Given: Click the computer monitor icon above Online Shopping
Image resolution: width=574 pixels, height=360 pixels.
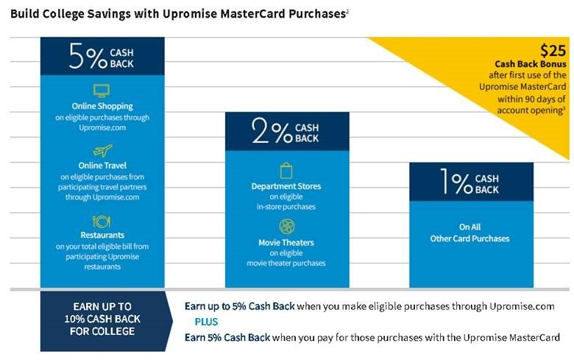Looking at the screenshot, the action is pyautogui.click(x=102, y=91).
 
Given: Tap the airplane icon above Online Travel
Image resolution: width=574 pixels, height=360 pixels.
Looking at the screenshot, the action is pyautogui.click(x=102, y=150).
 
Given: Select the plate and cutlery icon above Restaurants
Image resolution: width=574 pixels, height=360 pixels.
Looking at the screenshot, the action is pyautogui.click(x=101, y=222).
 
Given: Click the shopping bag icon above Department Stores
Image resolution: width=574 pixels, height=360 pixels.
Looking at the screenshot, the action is pyautogui.click(x=286, y=171).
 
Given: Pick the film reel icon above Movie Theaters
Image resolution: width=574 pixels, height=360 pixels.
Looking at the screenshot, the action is pyautogui.click(x=287, y=227).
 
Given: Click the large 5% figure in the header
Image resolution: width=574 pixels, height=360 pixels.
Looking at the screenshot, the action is pyautogui.click(x=88, y=56).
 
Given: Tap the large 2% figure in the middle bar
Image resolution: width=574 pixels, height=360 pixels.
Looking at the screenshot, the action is pyautogui.click(x=272, y=131).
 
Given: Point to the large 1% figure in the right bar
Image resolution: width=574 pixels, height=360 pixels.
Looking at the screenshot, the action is pyautogui.click(x=456, y=181).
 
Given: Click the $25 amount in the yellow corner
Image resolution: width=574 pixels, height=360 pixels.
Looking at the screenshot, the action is pyautogui.click(x=553, y=51).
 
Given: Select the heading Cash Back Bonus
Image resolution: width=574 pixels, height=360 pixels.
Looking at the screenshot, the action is pyautogui.click(x=531, y=64).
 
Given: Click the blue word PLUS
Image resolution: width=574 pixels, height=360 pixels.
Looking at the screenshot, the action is pyautogui.click(x=206, y=322).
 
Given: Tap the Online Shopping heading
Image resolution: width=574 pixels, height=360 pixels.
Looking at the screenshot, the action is pyautogui.click(x=102, y=106).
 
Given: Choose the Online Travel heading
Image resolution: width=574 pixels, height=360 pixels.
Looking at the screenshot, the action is pyautogui.click(x=102, y=166).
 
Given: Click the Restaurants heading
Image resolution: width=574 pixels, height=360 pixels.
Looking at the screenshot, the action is pyautogui.click(x=102, y=235).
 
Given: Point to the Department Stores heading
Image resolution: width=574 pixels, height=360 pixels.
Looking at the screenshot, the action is pyautogui.click(x=286, y=186).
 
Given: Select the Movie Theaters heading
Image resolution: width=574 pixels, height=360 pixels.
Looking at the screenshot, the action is pyautogui.click(x=286, y=243).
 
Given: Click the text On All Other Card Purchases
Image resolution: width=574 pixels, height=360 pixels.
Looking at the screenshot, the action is pyautogui.click(x=470, y=233).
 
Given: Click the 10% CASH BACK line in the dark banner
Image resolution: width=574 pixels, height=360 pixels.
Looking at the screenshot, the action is pyautogui.click(x=102, y=319).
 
